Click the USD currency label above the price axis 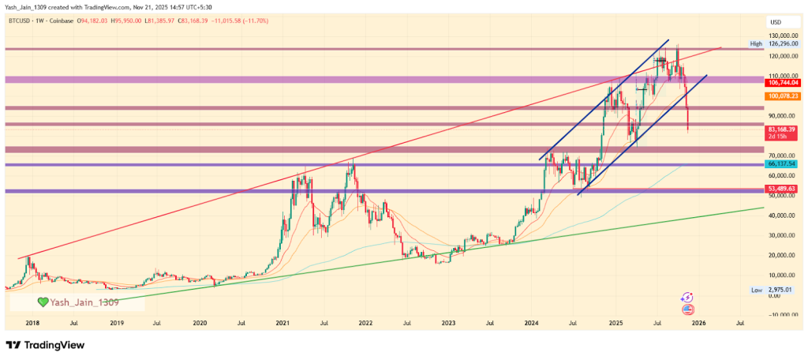click(x=776, y=21)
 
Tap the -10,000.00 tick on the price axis click(x=783, y=315)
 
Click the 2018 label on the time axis click(x=33, y=324)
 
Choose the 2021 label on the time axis click(x=283, y=324)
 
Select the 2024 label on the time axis click(x=533, y=324)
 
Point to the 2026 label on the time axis click(x=698, y=324)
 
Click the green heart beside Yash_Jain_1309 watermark click(x=45, y=302)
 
